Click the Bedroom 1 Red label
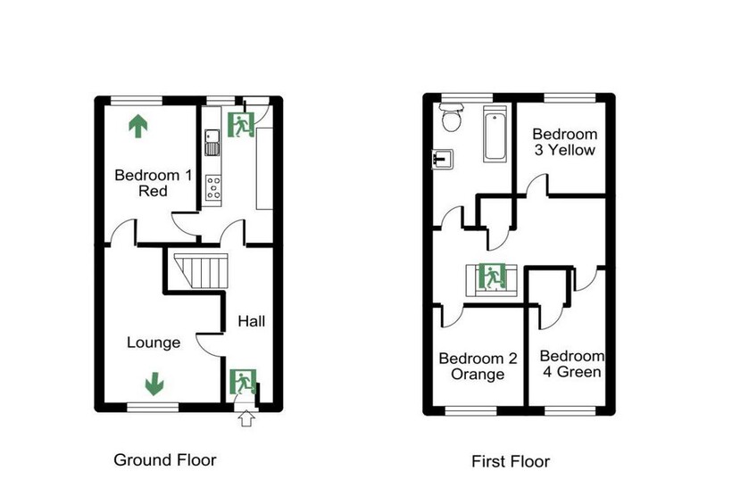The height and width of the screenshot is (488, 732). click(x=154, y=183)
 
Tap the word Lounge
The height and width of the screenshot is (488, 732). click(x=154, y=343)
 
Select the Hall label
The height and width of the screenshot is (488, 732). click(x=251, y=321)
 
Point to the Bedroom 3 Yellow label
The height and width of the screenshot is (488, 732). click(x=565, y=142)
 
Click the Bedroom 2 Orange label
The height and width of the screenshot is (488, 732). click(x=478, y=367)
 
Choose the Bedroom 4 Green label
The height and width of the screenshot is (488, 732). click(x=572, y=364)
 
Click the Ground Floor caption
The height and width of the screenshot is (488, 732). click(x=165, y=460)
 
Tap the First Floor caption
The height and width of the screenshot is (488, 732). click(x=511, y=461)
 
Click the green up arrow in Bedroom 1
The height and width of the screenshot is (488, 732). click(x=138, y=127)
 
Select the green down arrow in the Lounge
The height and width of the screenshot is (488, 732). click(x=154, y=384)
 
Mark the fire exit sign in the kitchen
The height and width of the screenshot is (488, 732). click(x=241, y=125)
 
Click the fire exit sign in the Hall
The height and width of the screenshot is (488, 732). click(x=243, y=382)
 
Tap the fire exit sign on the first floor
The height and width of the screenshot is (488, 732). click(x=492, y=277)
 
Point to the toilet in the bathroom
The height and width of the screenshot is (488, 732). click(x=451, y=118)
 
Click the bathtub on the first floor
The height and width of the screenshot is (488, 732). click(x=495, y=134)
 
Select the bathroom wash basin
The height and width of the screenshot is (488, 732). click(x=443, y=159)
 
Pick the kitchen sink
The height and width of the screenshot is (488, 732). click(x=212, y=142)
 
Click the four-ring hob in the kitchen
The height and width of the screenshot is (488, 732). click(x=213, y=188)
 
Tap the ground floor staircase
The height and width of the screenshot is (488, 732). click(x=201, y=271)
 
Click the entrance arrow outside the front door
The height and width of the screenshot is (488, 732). click(x=246, y=419)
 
